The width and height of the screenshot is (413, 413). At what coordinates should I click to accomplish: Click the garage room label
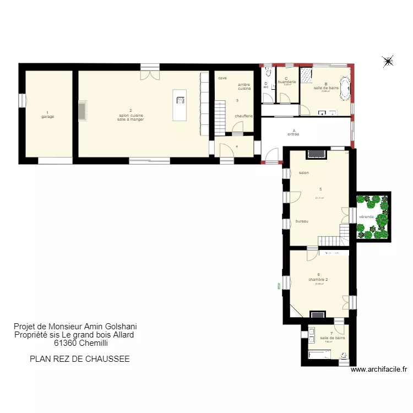[47, 117]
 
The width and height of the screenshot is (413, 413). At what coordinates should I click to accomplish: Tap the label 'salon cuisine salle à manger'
[131, 117]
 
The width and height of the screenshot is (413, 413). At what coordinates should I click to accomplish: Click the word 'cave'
[222, 78]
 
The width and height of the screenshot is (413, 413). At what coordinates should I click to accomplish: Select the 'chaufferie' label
[243, 116]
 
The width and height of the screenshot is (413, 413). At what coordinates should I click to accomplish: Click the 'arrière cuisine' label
[244, 86]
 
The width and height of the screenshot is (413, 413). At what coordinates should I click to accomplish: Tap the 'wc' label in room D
[266, 87]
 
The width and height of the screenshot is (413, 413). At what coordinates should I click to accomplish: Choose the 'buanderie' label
[287, 81]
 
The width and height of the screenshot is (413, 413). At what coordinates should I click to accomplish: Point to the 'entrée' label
[294, 134]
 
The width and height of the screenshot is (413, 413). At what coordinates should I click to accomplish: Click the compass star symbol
[388, 61]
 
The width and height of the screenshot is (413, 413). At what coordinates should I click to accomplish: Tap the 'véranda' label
[367, 217]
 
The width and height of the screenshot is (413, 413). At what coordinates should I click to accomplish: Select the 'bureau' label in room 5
[302, 221]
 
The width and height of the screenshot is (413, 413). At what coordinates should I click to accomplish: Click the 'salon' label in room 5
[303, 173]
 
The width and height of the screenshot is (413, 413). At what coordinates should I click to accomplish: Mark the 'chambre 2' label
[318, 279]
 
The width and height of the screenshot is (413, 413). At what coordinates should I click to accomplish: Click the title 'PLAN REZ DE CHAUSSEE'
[79, 358]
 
